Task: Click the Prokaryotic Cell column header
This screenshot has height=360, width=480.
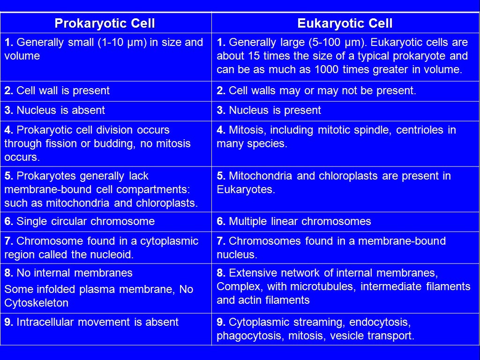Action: (105, 23)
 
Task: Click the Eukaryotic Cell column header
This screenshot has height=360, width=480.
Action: (345, 23)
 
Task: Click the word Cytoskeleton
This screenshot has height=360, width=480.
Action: (37, 303)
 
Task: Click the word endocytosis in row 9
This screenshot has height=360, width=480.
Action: (380, 322)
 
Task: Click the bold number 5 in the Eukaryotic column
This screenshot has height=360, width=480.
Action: (220, 176)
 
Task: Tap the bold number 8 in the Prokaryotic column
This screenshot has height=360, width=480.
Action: (8, 273)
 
